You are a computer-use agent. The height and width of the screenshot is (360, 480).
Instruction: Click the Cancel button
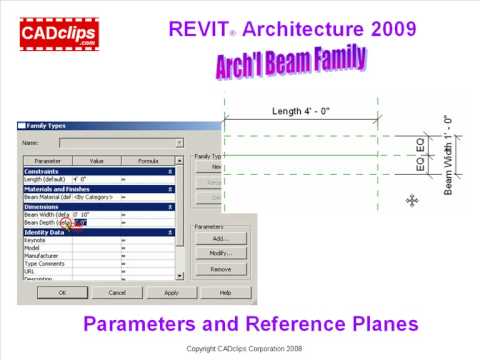116,293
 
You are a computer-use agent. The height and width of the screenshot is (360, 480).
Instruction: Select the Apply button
170,293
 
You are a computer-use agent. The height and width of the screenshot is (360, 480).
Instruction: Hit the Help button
224,293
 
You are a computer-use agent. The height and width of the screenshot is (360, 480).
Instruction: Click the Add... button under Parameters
221,239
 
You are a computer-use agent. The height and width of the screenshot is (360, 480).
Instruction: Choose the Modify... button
221,254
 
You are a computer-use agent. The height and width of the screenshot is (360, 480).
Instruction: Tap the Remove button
221,269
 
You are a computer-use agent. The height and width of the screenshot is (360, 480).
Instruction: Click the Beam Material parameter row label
47,197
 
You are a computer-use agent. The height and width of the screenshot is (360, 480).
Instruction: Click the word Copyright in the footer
206,348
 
